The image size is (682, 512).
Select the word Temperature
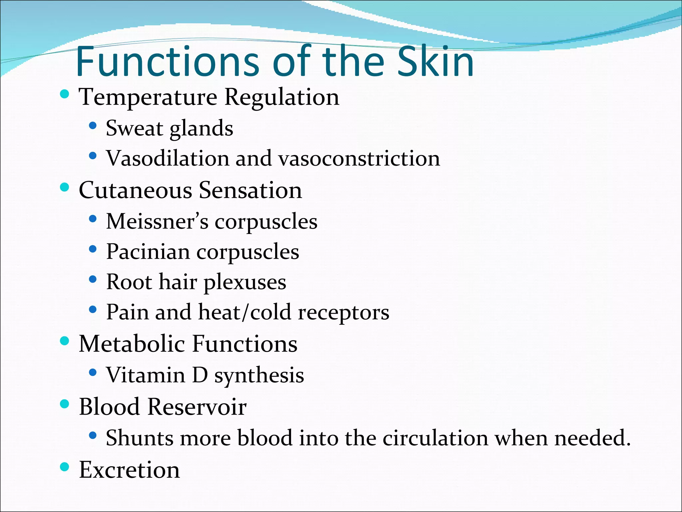pos(148,97)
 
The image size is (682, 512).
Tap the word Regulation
pos(282,98)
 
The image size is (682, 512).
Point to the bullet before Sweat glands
pos(93,126)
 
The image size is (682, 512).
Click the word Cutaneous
pos(136,190)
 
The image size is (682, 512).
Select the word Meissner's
pos(157,221)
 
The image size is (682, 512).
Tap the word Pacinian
pos(148,252)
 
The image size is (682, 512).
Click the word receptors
pos(343,313)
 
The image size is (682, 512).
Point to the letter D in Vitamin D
pos(200,375)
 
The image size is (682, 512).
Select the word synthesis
pos(259,376)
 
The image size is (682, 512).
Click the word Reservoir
pos(197,407)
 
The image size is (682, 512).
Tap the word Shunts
pos(140,438)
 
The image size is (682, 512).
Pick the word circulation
pos(435,438)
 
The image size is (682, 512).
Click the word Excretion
pos(129,470)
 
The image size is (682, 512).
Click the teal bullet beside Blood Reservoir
pos(65,404)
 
